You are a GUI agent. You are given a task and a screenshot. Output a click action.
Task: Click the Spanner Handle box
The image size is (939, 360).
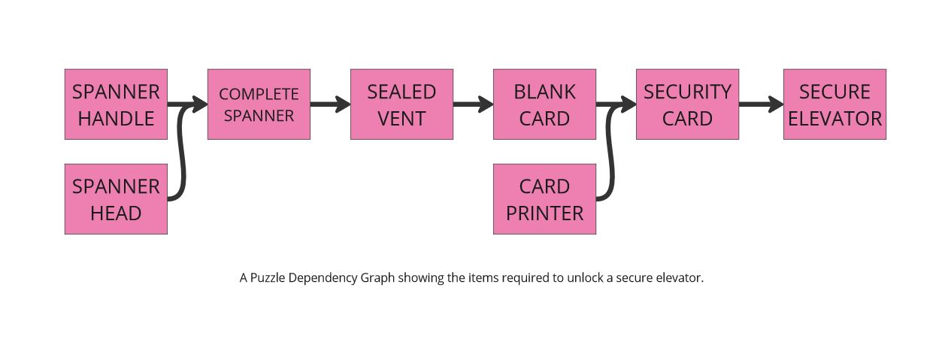116,104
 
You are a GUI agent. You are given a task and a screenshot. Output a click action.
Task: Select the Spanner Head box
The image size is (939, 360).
116,199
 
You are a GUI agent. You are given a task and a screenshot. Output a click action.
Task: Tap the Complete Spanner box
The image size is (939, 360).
259,104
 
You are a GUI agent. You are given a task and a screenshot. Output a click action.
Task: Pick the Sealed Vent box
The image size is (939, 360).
401,104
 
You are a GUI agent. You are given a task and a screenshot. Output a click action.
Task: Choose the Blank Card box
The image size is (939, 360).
544,104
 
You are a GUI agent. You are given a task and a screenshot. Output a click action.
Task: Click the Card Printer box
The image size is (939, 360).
544,199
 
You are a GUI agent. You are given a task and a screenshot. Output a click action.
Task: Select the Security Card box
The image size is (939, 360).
687,104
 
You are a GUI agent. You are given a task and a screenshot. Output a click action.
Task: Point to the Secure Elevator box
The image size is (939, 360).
834,104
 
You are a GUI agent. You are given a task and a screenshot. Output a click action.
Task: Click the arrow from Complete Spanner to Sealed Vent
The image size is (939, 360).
329,104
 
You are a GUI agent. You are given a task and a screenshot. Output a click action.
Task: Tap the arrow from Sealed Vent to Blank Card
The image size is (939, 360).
472,104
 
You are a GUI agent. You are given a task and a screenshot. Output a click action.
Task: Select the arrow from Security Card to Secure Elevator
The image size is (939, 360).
760,104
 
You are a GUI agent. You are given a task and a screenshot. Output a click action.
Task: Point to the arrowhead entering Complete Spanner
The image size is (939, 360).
201,104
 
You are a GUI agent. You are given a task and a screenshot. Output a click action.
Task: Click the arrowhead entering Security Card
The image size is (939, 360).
629,104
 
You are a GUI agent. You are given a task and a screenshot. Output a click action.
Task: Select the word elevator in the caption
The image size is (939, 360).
677,278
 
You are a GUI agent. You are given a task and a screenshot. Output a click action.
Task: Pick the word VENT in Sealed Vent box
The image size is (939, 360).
401,119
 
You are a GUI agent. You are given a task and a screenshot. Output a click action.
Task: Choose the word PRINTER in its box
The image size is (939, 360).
544,213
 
